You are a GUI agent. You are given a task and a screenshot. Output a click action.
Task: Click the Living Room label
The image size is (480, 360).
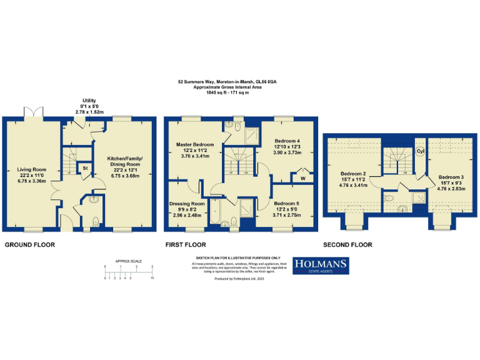31,169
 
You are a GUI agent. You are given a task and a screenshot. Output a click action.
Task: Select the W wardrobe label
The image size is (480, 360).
302,179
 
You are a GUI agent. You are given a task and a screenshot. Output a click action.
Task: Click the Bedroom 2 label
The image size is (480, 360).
354,173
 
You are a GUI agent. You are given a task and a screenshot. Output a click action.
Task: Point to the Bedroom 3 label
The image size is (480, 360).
451,177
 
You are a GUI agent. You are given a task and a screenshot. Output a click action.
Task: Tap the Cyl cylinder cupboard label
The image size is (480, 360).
419,150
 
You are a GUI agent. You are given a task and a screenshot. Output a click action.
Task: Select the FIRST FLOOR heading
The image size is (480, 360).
185,245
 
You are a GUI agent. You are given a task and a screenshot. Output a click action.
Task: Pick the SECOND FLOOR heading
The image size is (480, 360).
347,245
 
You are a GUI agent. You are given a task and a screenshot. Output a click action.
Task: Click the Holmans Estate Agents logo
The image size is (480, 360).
321,266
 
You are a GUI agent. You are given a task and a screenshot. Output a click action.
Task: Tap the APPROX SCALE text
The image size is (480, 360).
128,261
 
